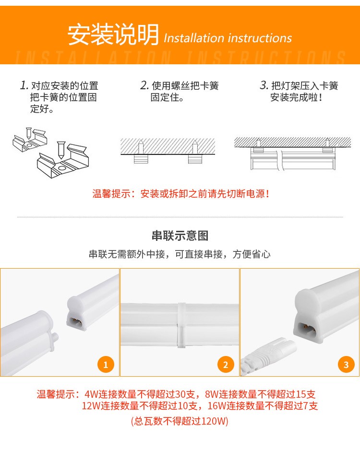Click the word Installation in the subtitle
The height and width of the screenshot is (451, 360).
coord(193,38)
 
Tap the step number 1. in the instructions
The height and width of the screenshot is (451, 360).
coord(24,85)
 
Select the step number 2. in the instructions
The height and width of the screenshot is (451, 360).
coord(144,85)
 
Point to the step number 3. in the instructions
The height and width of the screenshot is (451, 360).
coord(264,85)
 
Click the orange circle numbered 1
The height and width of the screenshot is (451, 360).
coord(106,365)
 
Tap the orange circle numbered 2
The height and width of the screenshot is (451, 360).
coord(225,365)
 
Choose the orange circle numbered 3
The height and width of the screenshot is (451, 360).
coord(346,365)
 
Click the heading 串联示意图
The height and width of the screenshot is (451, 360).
coord(180,236)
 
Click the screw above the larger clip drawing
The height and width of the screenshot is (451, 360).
coord(61,150)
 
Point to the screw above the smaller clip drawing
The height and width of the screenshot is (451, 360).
coord(28,133)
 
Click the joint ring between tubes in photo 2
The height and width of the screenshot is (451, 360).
coord(181,325)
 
